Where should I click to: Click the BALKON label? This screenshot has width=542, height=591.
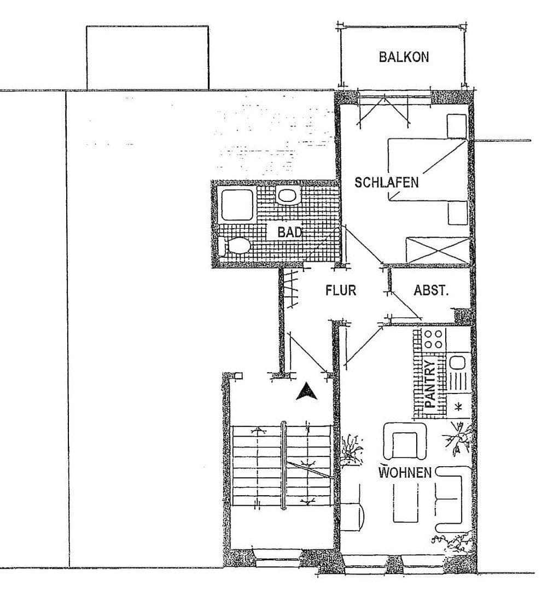click(404, 57)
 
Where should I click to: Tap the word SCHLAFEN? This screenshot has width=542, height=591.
click(387, 182)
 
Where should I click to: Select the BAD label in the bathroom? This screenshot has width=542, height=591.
click(289, 232)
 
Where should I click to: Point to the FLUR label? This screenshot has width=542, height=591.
click(341, 290)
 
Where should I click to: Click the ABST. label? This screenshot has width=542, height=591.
click(431, 291)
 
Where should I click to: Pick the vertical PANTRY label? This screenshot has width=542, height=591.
click(431, 384)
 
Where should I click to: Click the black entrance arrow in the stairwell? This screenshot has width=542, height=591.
click(306, 391)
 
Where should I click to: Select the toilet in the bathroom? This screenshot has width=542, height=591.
click(234, 246)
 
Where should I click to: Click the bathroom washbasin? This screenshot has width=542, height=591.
click(287, 194)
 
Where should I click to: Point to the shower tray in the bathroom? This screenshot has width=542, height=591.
click(237, 205)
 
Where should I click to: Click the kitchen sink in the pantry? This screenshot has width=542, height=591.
click(456, 362)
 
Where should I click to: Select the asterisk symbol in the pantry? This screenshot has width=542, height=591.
click(458, 406)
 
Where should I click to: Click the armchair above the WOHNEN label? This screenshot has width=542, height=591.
click(405, 442)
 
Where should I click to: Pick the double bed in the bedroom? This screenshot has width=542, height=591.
click(427, 170)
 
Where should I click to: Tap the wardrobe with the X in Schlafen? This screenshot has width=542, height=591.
click(438, 250)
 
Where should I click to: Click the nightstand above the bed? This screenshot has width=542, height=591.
click(456, 126)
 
